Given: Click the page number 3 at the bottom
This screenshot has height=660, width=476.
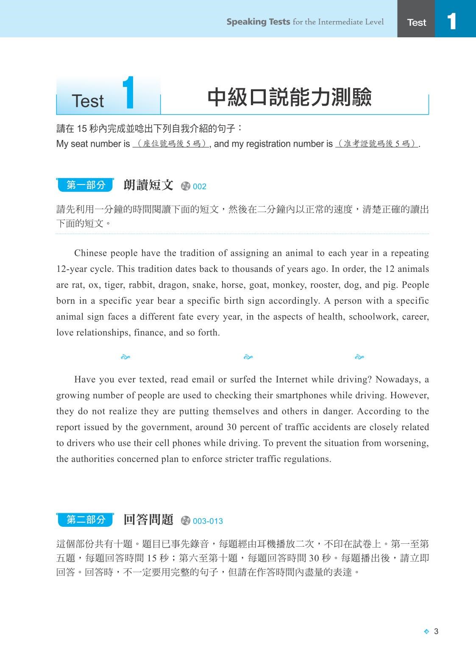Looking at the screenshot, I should [x=436, y=631].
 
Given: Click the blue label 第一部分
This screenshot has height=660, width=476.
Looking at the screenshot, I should [x=86, y=185].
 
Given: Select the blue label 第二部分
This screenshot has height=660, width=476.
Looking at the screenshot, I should [x=86, y=520].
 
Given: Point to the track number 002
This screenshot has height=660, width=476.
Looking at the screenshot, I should [x=199, y=187].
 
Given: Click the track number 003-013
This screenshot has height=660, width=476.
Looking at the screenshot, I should [x=208, y=521].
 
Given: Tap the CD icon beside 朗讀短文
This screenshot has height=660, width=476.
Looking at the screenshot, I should [x=186, y=186].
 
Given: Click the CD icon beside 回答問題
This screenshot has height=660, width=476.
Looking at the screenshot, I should [x=186, y=521].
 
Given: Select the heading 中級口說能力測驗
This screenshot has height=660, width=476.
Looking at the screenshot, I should [x=289, y=98].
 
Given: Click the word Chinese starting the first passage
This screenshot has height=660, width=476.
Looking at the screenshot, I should [x=91, y=253].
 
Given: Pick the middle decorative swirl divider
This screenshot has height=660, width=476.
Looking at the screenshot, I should [x=248, y=357].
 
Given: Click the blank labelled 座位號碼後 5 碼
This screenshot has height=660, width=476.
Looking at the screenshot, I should [x=170, y=144].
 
